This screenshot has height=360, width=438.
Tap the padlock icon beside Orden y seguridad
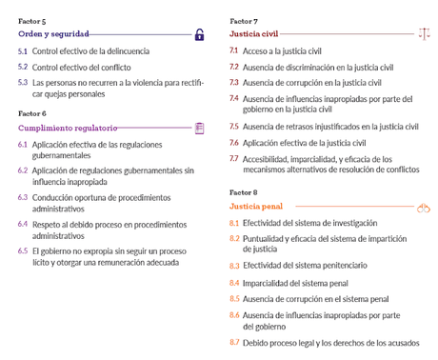point(199,35)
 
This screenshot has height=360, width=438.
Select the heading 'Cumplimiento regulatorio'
point(68,127)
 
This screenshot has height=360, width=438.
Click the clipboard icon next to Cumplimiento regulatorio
point(199,127)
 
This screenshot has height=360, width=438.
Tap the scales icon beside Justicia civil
point(424,34)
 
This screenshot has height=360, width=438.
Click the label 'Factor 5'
point(31,20)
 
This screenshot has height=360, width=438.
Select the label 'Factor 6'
point(31,112)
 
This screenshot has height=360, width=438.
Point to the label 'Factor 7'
point(244,20)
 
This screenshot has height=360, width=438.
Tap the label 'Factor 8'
point(244,190)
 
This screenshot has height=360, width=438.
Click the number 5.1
point(23,51)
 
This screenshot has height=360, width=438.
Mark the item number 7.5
point(234,126)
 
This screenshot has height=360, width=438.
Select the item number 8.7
point(234,342)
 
